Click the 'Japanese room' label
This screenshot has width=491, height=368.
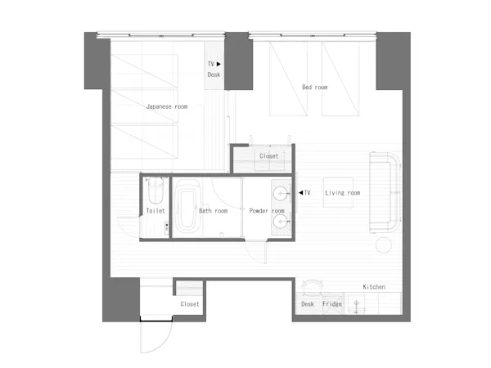[x=167, y=106]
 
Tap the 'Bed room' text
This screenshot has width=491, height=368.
[x=315, y=87]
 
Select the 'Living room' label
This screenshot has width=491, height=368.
[x=343, y=193]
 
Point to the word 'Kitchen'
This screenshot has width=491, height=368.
[x=374, y=287]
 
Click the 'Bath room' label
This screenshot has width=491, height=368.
[x=214, y=211]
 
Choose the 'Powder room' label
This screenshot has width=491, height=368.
[x=267, y=211]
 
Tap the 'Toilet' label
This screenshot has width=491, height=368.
[x=155, y=211]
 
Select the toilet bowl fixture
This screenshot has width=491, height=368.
[x=155, y=191]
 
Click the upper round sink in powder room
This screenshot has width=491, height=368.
[x=280, y=194]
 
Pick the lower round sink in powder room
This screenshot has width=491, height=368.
[x=280, y=222]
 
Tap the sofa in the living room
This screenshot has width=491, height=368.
[x=385, y=192]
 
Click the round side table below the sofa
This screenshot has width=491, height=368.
[x=384, y=245]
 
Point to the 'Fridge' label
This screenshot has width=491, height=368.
[x=332, y=304]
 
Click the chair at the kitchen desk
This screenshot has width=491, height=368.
[x=313, y=287]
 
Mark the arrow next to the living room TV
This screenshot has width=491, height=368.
[x=300, y=192]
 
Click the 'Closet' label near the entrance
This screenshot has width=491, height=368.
[x=190, y=304]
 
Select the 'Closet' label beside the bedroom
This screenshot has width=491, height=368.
[x=268, y=156]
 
